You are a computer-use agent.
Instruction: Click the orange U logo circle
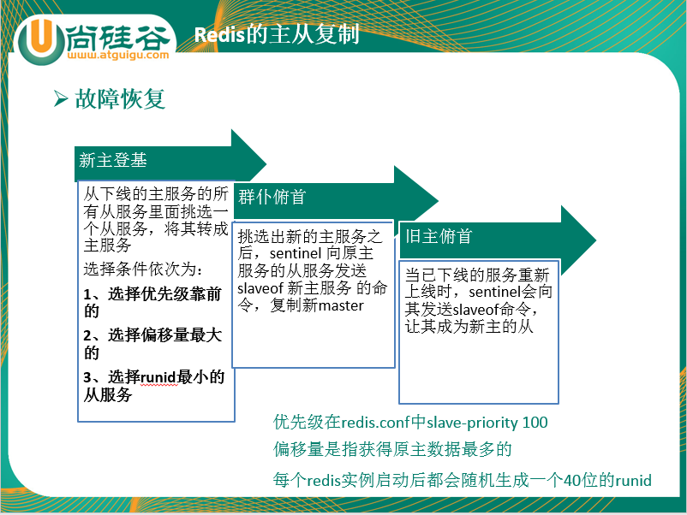pyautogui.click(x=40, y=40)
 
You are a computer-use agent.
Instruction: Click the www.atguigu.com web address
pyautogui.click(x=118, y=55)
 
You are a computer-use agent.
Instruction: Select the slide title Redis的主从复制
pyautogui.click(x=277, y=34)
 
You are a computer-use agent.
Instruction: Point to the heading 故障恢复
pyautogui.click(x=120, y=98)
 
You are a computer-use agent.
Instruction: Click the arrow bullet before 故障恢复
pyautogui.click(x=61, y=98)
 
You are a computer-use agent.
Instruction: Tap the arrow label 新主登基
pyautogui.click(x=112, y=160)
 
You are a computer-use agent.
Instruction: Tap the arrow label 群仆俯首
pyautogui.click(x=272, y=197)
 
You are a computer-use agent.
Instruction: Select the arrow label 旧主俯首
pyautogui.click(x=439, y=236)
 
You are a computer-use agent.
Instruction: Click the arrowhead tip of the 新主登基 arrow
pyautogui.click(x=266, y=164)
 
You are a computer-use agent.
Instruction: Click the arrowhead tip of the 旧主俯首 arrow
pyautogui.click(x=595, y=240)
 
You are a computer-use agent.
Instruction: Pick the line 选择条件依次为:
pyautogui.click(x=143, y=269)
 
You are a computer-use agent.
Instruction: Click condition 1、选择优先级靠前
pyautogui.click(x=152, y=294)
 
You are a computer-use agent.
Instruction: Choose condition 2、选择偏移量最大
pyautogui.click(x=152, y=335)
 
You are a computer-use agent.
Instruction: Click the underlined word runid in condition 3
pyautogui.click(x=159, y=377)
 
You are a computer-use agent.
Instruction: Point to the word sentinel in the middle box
pyautogui.click(x=296, y=254)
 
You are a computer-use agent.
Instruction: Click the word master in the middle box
pyautogui.click(x=341, y=305)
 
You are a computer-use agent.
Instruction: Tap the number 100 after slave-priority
pyautogui.click(x=535, y=423)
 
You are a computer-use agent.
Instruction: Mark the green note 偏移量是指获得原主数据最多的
pyautogui.click(x=392, y=449)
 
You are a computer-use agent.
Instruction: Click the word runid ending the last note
pyautogui.click(x=633, y=481)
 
